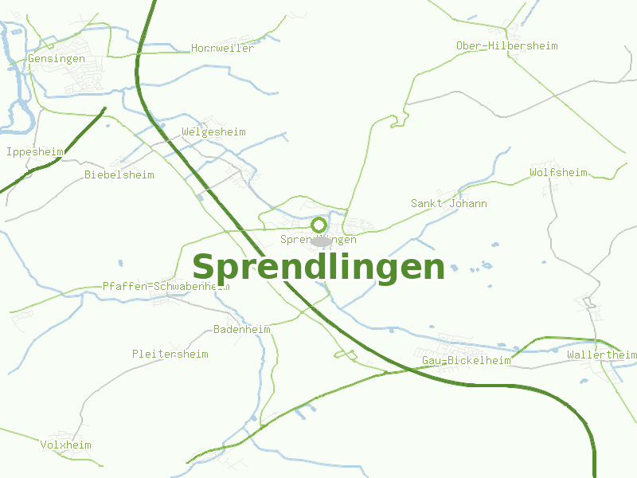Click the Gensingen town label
56,59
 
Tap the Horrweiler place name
223,49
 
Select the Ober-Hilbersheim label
506,46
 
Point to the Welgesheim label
213,132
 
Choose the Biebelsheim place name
119,174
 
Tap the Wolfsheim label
558,173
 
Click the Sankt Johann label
448,204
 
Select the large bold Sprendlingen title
318,267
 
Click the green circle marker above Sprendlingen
318,225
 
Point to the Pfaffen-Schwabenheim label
166,286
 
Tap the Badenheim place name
242,330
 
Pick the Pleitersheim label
170,354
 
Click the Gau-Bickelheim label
466,361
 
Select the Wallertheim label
602,355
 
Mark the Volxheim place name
66,445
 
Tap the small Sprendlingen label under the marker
318,240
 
